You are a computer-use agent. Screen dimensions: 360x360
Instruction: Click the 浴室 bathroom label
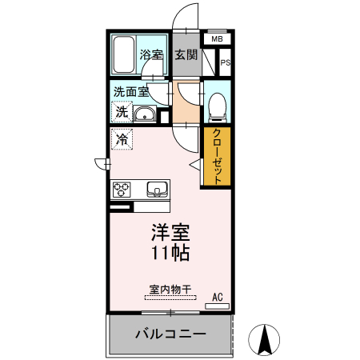(x=151, y=54)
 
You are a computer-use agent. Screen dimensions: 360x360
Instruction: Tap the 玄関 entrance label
(x=186, y=54)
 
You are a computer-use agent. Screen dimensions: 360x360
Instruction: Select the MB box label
(x=217, y=38)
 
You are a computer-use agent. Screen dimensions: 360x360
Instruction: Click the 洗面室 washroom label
(x=130, y=91)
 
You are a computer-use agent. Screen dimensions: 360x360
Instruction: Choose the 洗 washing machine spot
(x=122, y=112)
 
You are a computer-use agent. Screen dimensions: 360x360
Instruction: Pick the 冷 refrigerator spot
(x=122, y=139)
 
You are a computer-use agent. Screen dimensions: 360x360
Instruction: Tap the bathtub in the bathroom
(x=123, y=54)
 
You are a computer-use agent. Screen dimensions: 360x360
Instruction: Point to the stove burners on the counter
(x=122, y=190)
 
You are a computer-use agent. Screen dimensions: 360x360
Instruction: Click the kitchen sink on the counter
(x=157, y=190)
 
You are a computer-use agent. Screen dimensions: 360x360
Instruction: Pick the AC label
(x=217, y=298)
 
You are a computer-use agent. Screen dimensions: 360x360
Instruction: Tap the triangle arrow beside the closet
(x=194, y=164)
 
